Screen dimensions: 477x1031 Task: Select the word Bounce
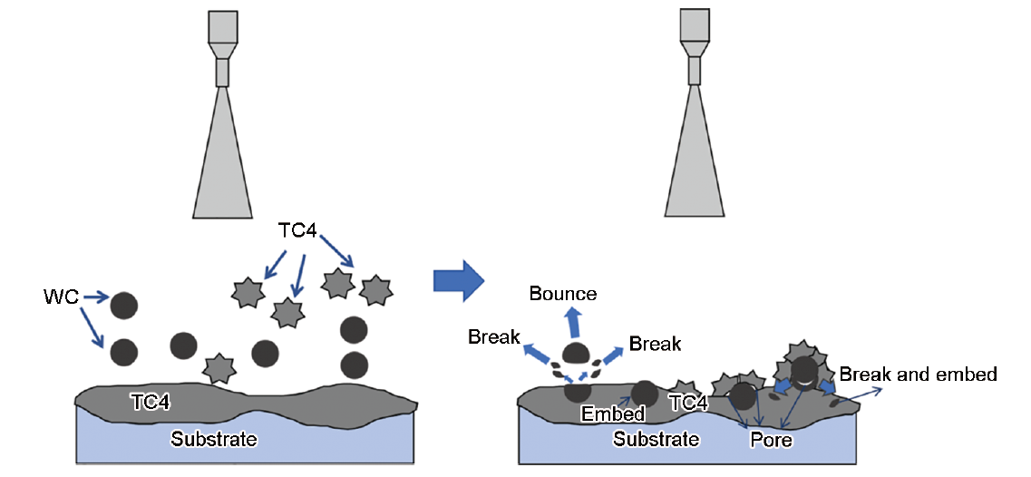(x=563, y=294)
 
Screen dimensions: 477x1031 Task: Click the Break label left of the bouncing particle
(x=494, y=338)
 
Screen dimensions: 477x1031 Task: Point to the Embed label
(x=613, y=414)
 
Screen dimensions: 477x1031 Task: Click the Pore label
(x=772, y=441)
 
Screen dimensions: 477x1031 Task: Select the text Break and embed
(x=918, y=374)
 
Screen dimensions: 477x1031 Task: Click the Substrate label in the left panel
(x=214, y=440)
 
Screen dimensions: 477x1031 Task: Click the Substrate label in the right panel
(x=657, y=440)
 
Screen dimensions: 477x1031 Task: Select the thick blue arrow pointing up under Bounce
(x=574, y=322)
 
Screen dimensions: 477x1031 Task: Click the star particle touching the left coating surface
(x=218, y=368)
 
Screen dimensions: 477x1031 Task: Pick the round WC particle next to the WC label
(x=123, y=305)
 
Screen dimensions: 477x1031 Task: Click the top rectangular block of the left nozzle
(x=223, y=26)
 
